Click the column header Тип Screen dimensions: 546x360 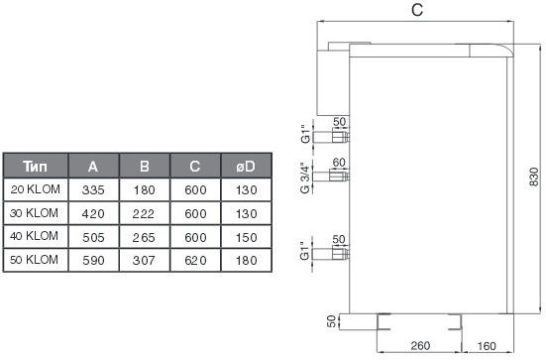point(35,167)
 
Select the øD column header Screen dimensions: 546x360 point(246,167)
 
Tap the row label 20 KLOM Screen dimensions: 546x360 point(35,189)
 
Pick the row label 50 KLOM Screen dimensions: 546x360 point(34,260)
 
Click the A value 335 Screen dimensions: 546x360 point(93,190)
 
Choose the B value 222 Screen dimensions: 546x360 point(144,213)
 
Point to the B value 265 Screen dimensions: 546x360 point(144,237)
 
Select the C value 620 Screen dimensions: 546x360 point(195,260)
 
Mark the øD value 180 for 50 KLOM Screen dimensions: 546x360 point(246,260)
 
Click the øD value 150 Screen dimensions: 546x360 point(246,237)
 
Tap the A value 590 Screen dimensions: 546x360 point(93,260)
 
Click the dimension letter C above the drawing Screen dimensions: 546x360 point(417,10)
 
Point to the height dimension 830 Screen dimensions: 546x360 point(534,178)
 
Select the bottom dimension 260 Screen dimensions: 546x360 point(420,345)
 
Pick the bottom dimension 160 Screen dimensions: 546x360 point(487,346)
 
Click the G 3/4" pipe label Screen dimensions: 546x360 point(304,178)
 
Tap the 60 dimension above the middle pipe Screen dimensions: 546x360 point(339,162)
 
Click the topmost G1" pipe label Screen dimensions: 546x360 point(305,134)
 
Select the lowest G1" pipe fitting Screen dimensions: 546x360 point(331,253)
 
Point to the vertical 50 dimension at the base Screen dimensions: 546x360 point(332,321)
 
